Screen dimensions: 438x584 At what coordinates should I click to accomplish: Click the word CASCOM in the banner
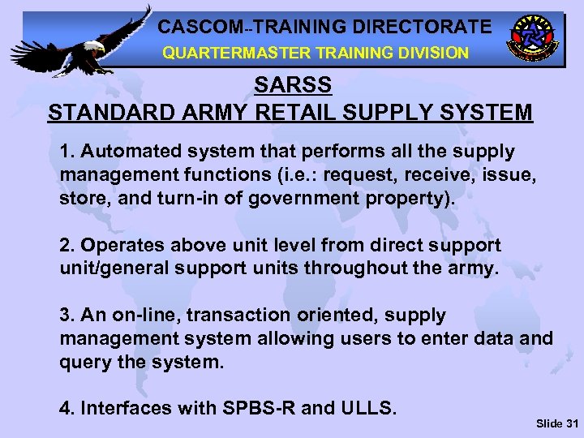click(x=195, y=26)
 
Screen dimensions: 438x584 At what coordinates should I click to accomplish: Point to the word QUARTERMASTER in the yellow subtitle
click(x=231, y=53)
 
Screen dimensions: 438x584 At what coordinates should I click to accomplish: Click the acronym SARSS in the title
click(x=290, y=85)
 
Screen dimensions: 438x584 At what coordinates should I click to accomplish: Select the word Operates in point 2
click(x=118, y=245)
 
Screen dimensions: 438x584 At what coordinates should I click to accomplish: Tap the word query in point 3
click(x=84, y=362)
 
